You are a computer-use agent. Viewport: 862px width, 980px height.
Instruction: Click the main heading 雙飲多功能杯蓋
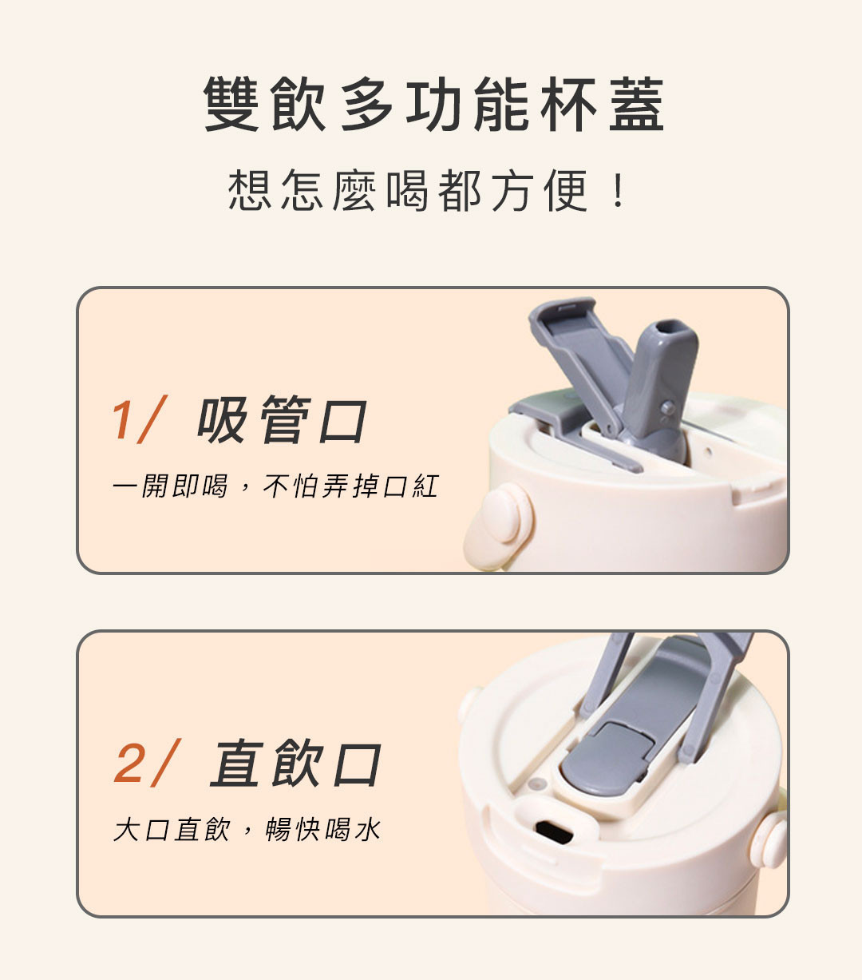click(x=433, y=105)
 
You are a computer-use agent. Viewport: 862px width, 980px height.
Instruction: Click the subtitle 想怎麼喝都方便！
click(x=426, y=191)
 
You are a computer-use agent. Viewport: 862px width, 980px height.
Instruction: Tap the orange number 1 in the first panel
click(x=122, y=419)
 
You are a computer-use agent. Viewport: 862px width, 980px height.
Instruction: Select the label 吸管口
click(x=282, y=419)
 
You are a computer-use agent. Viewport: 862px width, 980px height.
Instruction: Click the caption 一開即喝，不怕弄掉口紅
click(x=275, y=486)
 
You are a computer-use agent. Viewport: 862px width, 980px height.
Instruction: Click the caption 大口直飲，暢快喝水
click(x=247, y=830)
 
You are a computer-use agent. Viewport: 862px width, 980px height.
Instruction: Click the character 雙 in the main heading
click(x=231, y=105)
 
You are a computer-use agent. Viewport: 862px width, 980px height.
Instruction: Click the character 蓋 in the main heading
click(x=637, y=105)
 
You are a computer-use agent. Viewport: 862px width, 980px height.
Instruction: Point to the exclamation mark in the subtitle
click(x=619, y=191)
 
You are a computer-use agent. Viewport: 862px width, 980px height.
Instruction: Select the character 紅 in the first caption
click(x=425, y=486)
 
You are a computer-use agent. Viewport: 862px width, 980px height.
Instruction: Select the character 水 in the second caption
click(x=368, y=830)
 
